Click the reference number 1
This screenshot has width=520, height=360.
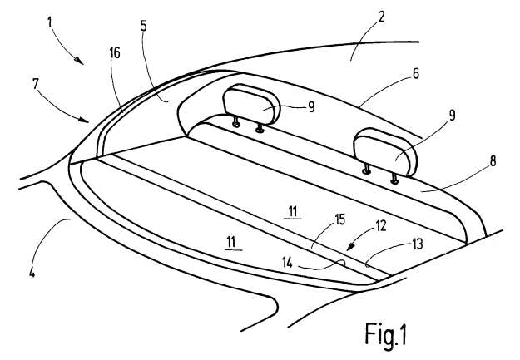tap(50, 22)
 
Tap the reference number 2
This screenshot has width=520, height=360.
tap(381, 17)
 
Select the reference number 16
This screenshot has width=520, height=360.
tap(115, 53)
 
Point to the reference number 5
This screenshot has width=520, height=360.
tap(143, 26)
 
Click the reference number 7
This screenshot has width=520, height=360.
tap(36, 84)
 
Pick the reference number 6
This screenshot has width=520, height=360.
tap(415, 74)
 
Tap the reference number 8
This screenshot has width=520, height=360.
tap(493, 161)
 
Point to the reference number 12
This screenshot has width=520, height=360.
tap(381, 226)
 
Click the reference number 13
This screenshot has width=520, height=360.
tap(418, 244)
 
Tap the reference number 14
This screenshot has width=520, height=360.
tap(288, 263)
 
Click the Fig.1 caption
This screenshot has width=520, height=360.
tap(386, 334)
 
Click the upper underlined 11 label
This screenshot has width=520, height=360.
tap(293, 211)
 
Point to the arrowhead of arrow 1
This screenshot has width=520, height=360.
tap(79, 60)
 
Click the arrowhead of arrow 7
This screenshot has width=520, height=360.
tap(85, 120)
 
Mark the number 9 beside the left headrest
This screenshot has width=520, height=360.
tap(311, 107)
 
